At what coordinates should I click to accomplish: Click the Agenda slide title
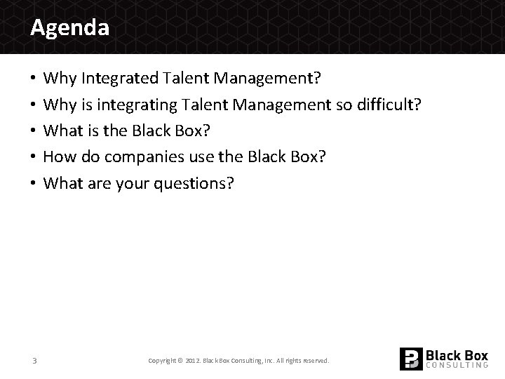[69, 28]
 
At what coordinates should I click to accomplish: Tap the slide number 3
[34, 361]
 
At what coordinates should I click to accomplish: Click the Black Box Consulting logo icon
[411, 359]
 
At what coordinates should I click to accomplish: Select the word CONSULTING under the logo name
[457, 365]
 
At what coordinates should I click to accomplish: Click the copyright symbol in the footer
[180, 361]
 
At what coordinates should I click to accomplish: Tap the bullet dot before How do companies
[34, 157]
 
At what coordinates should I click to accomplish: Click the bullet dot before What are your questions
[34, 184]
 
